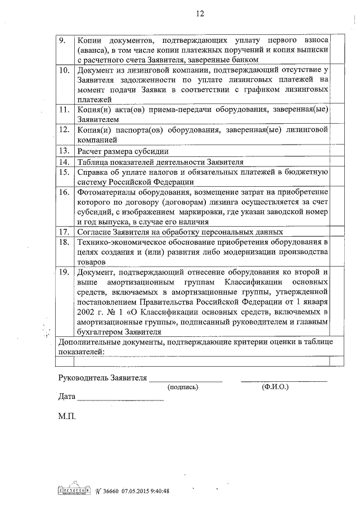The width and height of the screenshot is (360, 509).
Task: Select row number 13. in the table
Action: pyautogui.click(x=65, y=151)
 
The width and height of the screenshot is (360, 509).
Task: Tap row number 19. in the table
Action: pyautogui.click(x=65, y=272)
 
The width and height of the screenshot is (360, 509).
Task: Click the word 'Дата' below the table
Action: pyautogui.click(x=66, y=397)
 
